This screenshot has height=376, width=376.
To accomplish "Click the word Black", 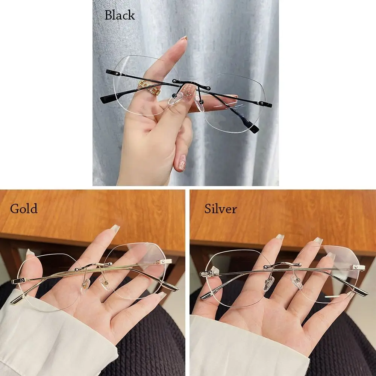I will (x=120, y=15).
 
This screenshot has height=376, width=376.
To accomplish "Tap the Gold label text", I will (x=24, y=209).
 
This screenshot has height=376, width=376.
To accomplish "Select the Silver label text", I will (x=221, y=209).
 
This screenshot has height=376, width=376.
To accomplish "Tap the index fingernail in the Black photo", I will (x=183, y=38).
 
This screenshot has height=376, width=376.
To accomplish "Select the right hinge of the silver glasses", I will (x=357, y=267).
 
